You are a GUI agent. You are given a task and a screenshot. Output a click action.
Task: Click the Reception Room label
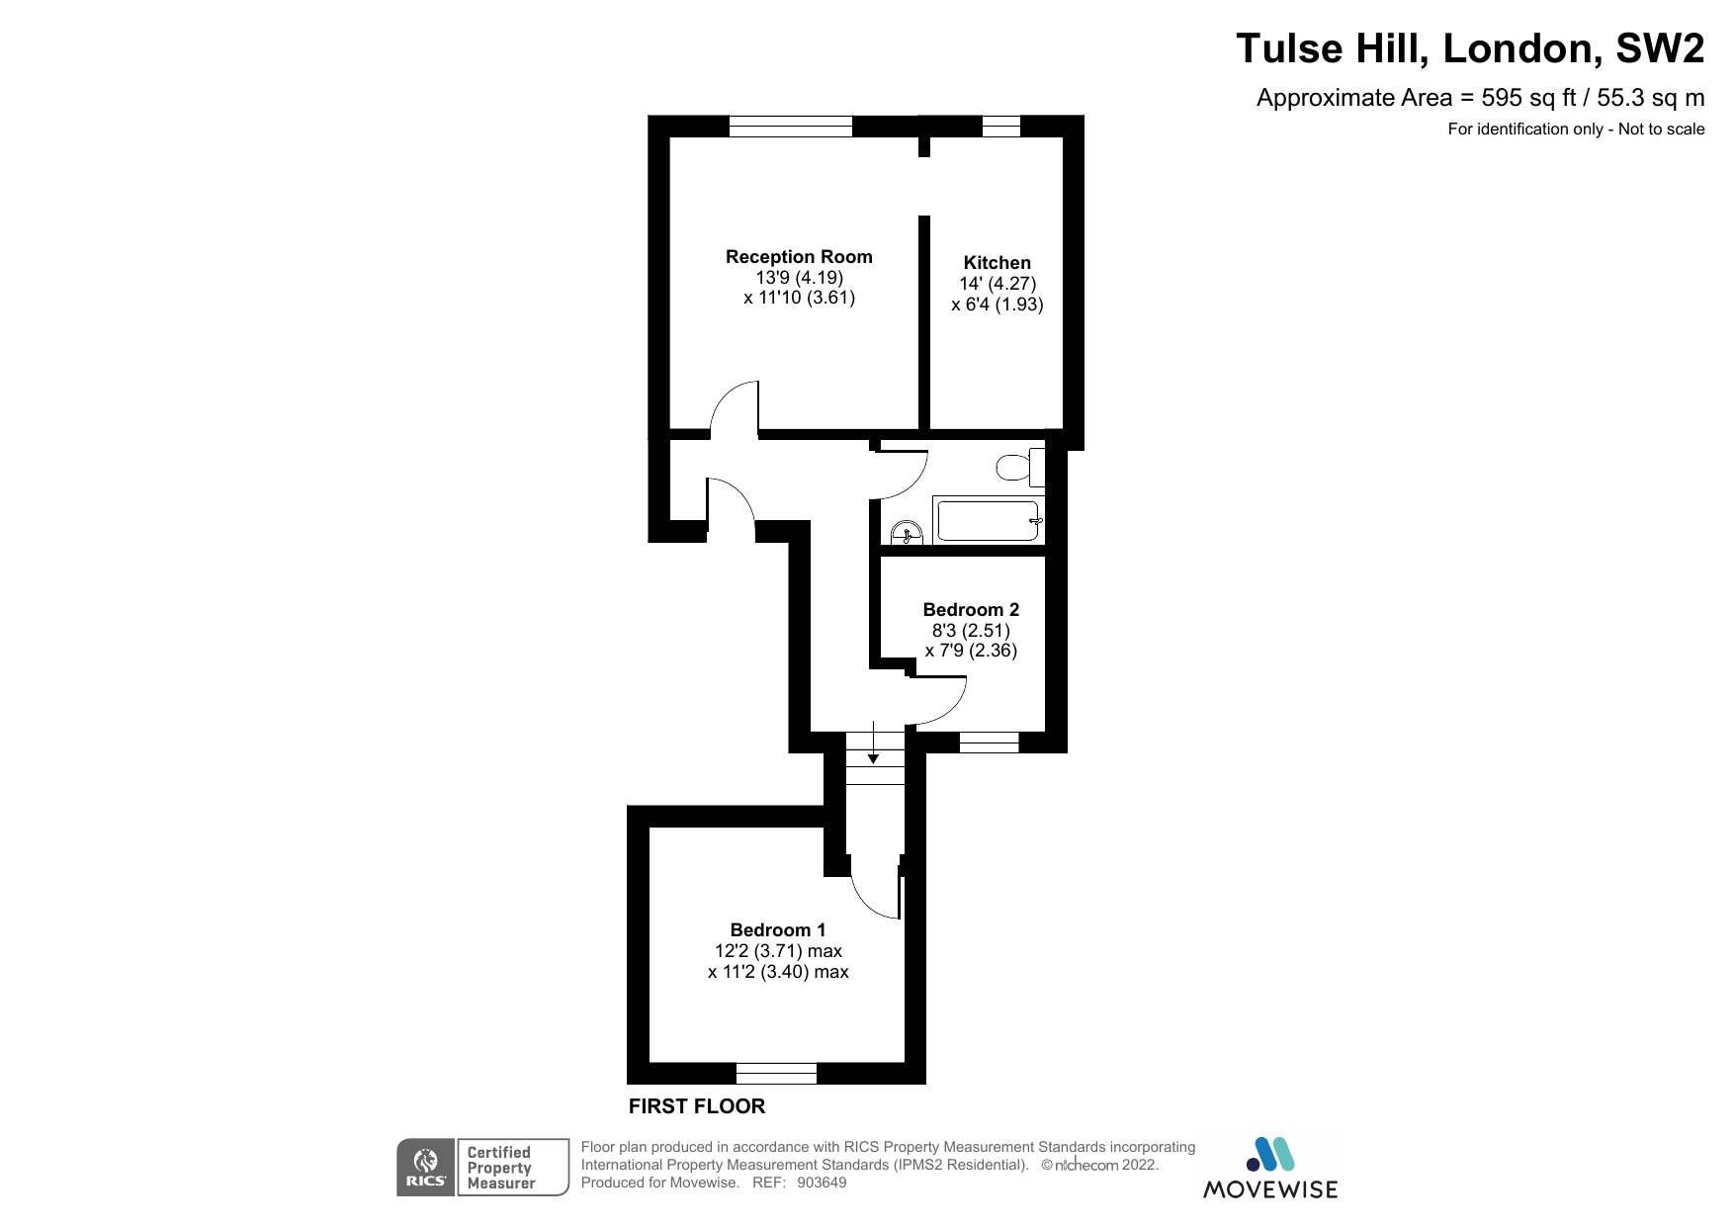tap(799, 257)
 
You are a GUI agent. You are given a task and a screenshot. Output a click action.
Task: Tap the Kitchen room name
tap(997, 263)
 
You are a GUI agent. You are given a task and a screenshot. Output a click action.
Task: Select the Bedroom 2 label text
tap(970, 610)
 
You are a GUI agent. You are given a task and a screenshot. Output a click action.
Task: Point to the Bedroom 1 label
tap(777, 930)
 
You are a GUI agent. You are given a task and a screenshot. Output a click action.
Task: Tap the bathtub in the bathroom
tap(989, 521)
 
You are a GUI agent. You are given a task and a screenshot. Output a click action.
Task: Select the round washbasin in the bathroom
tap(907, 534)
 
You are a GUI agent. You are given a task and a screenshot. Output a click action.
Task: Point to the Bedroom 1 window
tap(776, 1074)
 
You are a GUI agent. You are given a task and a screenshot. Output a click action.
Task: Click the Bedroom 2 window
tap(989, 742)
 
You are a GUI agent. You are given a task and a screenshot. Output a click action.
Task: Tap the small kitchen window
tap(1000, 126)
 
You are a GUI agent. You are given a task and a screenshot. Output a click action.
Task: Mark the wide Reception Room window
tap(790, 126)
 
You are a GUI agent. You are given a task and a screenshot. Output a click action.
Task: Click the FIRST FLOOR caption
tap(697, 1106)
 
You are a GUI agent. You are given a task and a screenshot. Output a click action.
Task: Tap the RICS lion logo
tap(426, 1168)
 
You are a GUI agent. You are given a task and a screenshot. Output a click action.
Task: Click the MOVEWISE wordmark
tap(1269, 1189)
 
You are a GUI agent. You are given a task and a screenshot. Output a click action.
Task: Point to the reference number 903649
tap(822, 1183)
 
